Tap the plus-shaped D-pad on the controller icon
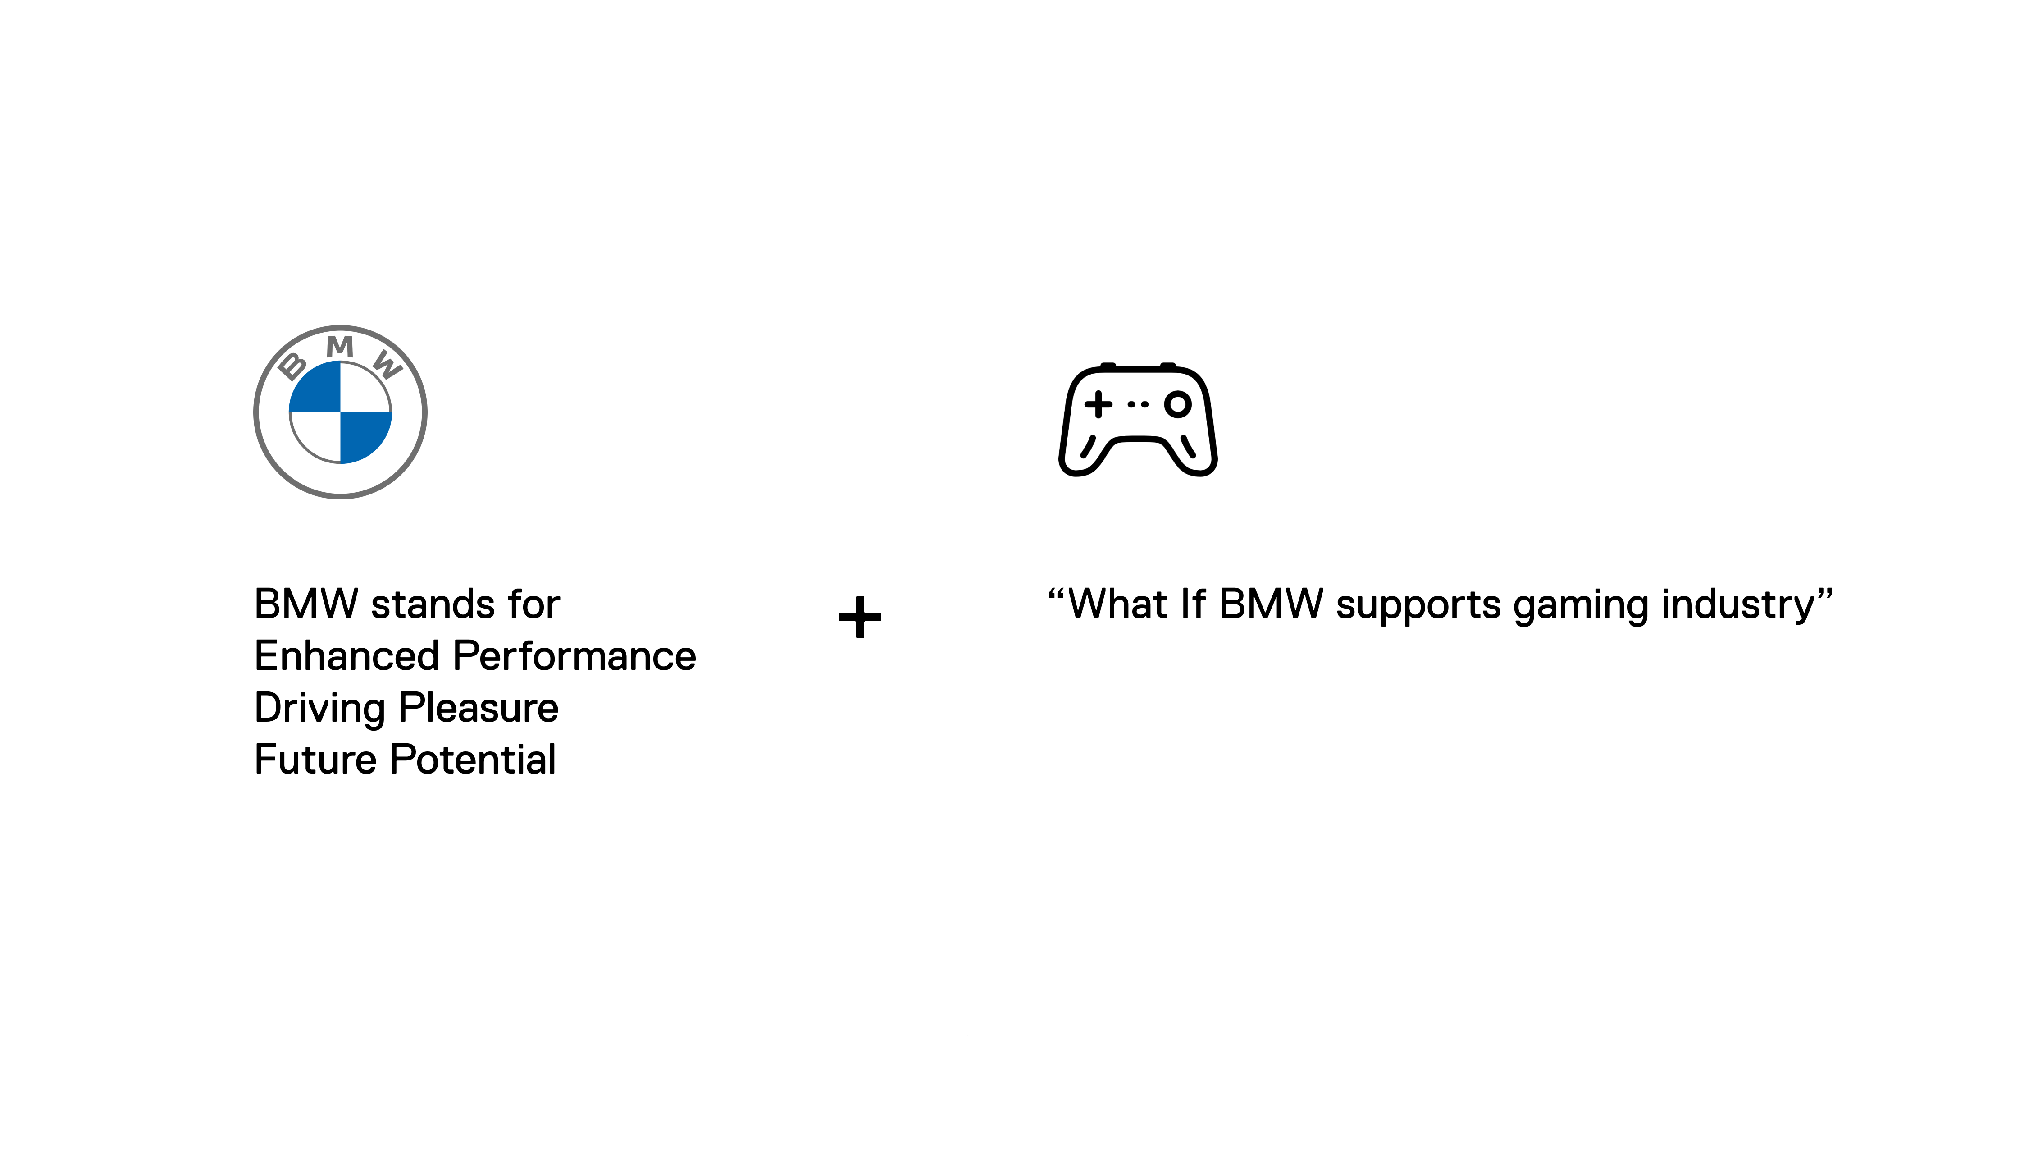tap(1098, 404)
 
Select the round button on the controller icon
tap(1177, 404)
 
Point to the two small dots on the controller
tap(1138, 404)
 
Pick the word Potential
tap(473, 760)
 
